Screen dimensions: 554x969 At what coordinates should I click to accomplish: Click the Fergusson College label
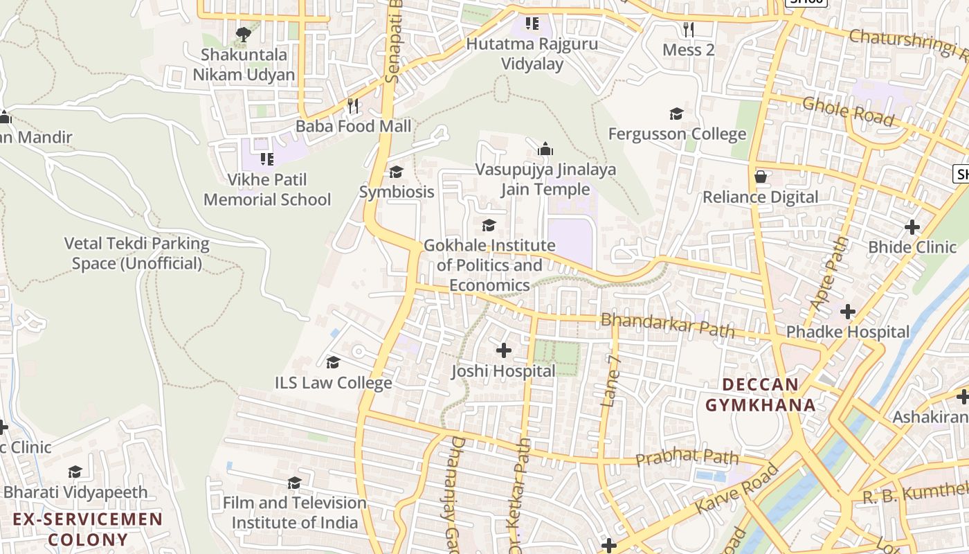coord(677,134)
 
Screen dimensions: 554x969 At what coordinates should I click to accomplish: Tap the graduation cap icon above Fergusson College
coord(676,114)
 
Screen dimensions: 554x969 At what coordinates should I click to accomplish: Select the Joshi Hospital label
coord(503,371)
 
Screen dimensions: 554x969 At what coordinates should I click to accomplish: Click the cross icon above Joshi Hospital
coord(504,350)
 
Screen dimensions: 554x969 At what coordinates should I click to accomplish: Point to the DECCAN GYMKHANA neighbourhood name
coord(761,395)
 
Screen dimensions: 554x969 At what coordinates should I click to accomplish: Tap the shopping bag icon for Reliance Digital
coord(761,177)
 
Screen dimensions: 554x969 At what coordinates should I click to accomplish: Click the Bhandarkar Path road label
coord(667,324)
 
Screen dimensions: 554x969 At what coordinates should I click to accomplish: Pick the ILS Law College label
coord(334,382)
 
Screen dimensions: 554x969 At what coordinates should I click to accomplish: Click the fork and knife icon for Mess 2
coord(688,29)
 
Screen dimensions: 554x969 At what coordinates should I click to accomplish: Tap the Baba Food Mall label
coord(353,126)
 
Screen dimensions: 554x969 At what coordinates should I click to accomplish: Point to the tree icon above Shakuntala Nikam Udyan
coord(243,34)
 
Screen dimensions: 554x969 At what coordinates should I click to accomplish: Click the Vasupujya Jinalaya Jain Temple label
coord(545,179)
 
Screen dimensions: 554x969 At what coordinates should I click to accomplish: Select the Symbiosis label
coord(397,192)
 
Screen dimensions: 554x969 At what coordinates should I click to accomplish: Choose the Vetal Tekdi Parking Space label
coord(136,253)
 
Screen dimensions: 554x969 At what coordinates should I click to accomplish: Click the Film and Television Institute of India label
coord(295,512)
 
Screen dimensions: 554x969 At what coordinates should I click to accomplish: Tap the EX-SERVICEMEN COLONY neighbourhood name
coord(88,529)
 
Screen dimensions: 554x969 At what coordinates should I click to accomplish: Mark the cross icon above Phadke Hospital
coord(848,312)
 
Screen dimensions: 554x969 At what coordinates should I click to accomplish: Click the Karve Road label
coord(737,488)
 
